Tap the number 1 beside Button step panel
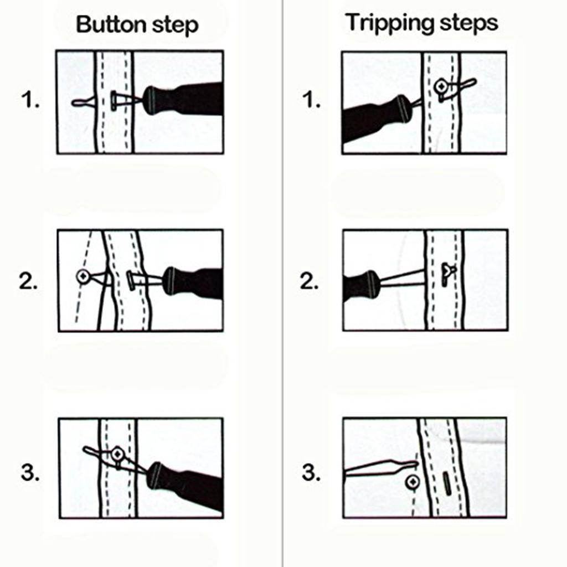coord(30,101)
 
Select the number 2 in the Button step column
coord(29,281)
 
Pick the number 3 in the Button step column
coord(30,472)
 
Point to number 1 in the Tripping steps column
coord(311,101)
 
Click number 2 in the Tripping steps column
coord(309,281)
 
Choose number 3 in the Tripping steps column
coord(311,472)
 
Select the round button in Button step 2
coord(83,275)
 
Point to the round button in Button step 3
coord(117,455)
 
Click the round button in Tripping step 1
coord(441,86)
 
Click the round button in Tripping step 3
coord(413,482)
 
